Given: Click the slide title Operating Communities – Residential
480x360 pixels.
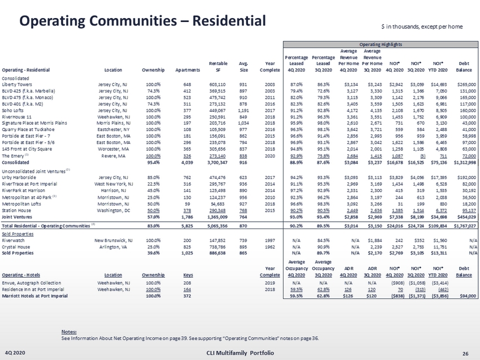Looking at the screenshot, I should tap(142, 21).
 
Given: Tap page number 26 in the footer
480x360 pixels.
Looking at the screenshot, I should tap(465, 353).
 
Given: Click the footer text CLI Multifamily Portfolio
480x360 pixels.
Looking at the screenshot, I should tap(239, 353).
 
